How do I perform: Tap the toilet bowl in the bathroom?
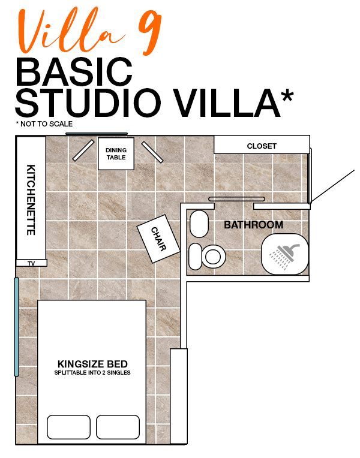[213, 257]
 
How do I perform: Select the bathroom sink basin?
[199, 224]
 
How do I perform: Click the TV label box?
[31, 263]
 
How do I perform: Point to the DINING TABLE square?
[116, 153]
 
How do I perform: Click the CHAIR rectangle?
[158, 239]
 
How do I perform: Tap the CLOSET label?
[262, 146]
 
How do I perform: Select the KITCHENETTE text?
[31, 200]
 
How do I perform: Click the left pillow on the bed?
[69, 427]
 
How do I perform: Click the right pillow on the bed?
[118, 427]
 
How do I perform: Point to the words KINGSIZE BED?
[92, 364]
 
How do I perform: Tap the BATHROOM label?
[254, 225]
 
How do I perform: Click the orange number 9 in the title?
[150, 32]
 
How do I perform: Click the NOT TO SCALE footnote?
[44, 124]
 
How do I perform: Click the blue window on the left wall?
[17, 327]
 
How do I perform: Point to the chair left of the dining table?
[83, 150]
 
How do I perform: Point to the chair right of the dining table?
[152, 152]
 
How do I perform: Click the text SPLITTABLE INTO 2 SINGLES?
[92, 373]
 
